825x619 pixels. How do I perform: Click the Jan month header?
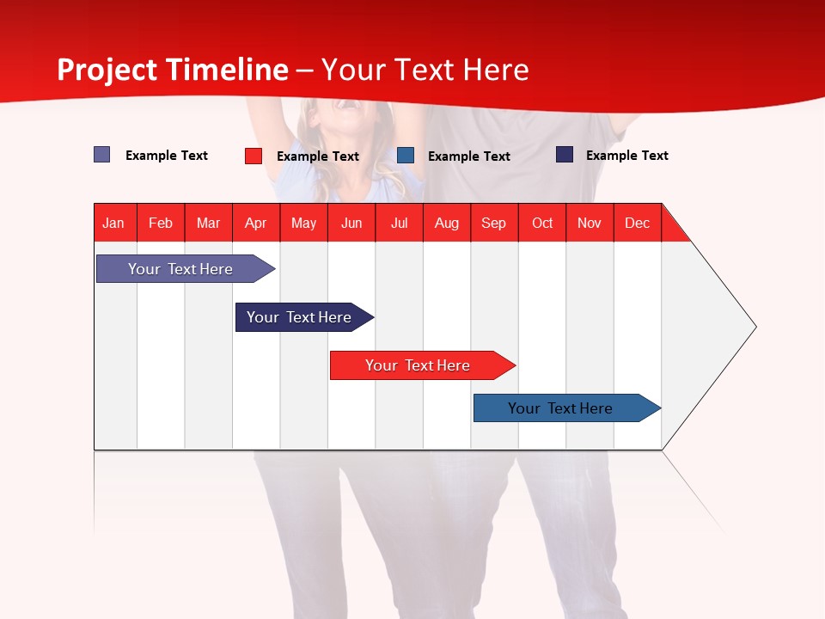(x=114, y=223)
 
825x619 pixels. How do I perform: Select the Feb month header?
(x=161, y=223)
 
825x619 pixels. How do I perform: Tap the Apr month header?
(x=256, y=223)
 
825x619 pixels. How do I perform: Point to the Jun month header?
(x=351, y=223)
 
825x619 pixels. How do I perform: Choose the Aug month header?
(x=447, y=223)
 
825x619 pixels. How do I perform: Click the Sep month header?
(x=494, y=223)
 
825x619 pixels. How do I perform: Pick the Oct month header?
(x=542, y=223)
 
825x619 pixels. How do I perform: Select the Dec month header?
(x=638, y=223)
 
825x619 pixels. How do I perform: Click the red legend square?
(x=254, y=156)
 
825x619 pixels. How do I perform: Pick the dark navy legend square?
(x=565, y=155)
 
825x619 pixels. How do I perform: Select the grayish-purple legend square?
(x=102, y=155)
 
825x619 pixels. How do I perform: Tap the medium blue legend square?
(x=406, y=156)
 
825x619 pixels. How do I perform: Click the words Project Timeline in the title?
(x=173, y=70)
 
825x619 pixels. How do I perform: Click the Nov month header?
(x=590, y=223)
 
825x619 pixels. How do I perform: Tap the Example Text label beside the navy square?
(x=626, y=156)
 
